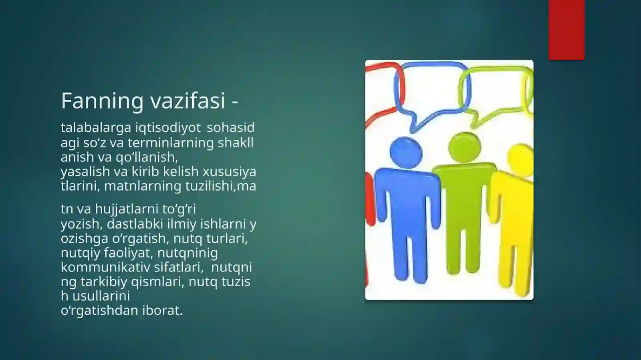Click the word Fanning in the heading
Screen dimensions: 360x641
[x=102, y=101]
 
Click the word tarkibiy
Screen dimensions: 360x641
[x=104, y=282]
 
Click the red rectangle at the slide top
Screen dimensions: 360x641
[x=566, y=30]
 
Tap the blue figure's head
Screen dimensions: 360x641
[x=405, y=153]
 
